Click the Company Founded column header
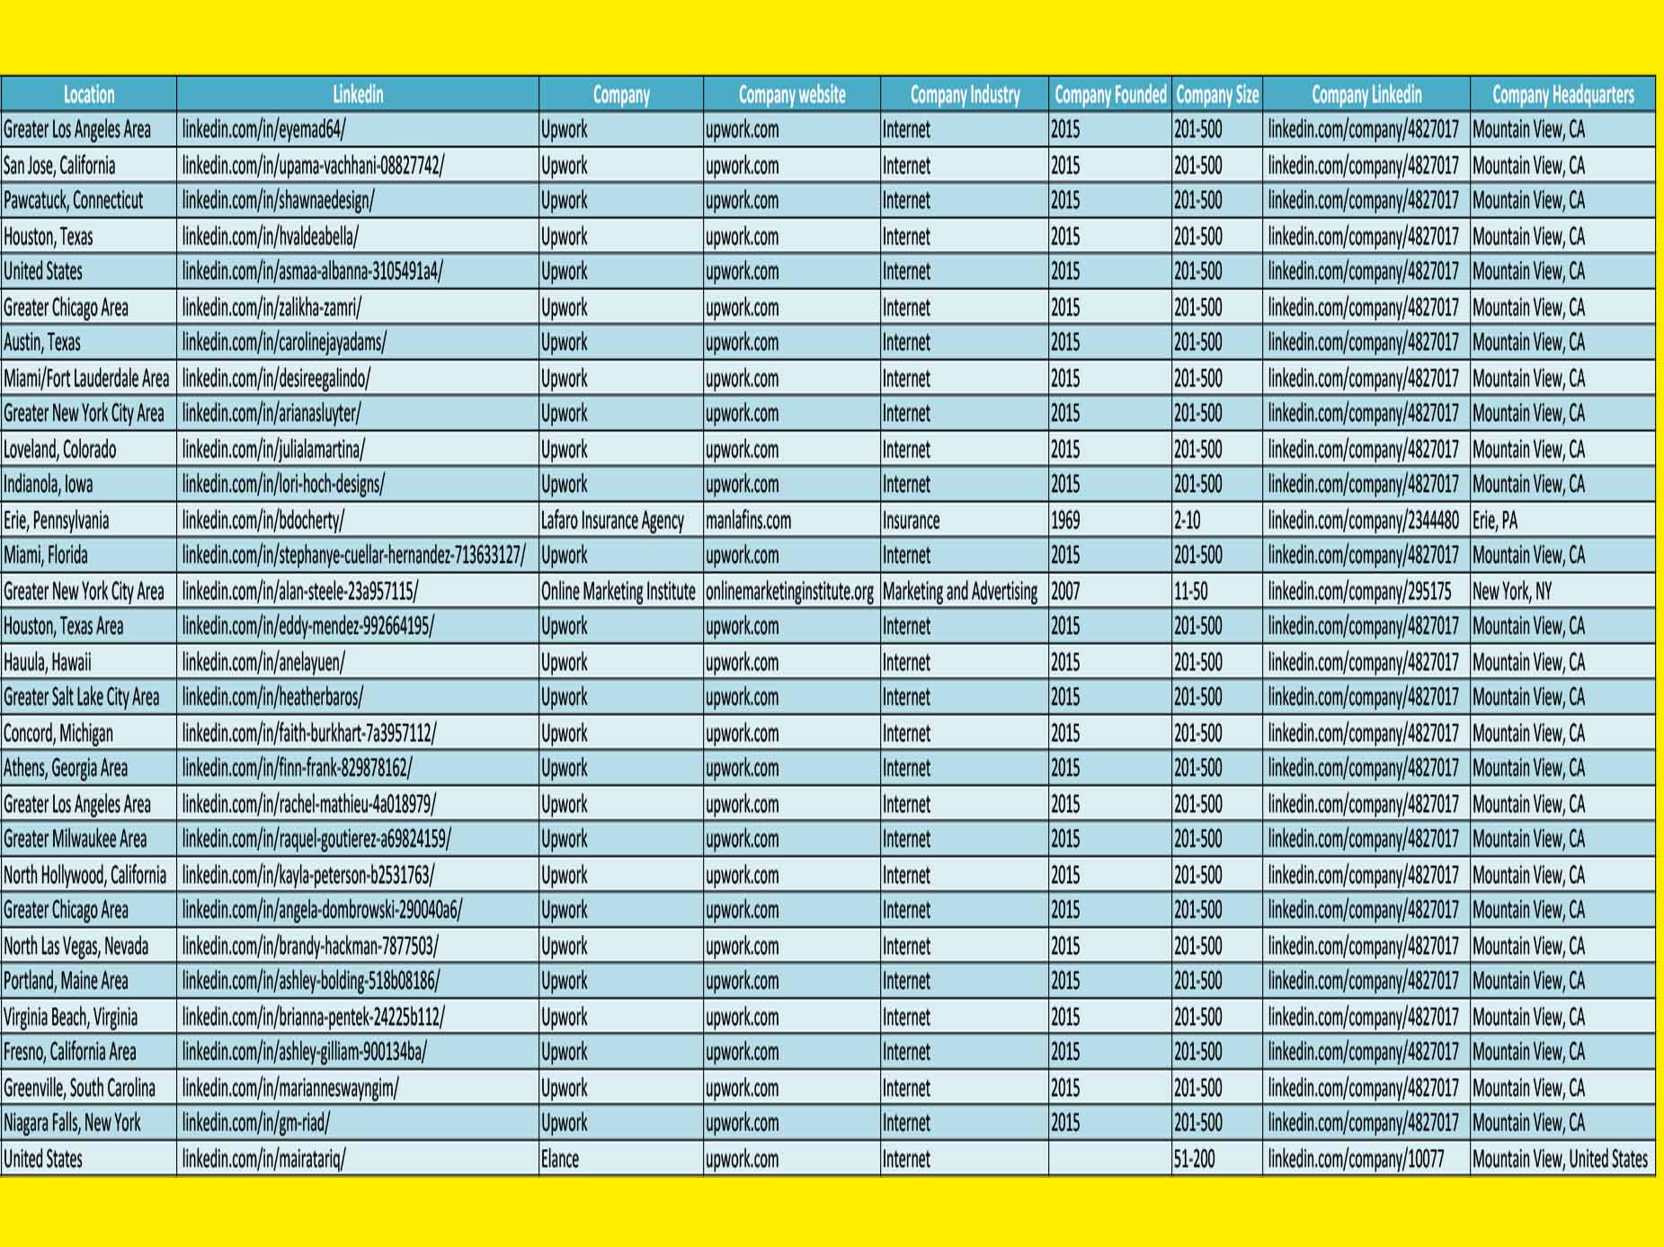coord(1109,94)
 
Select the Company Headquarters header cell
coord(1562,94)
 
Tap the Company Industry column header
coord(965,94)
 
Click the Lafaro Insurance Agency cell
coord(612,521)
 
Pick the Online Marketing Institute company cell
coord(618,592)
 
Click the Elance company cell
coord(560,1159)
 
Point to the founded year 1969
coord(1065,521)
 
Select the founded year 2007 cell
coord(1065,592)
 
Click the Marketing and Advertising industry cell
coord(960,592)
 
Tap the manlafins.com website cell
coord(748,521)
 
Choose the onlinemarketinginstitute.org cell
coord(789,592)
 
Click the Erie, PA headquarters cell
coord(1494,521)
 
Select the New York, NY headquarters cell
coord(1512,592)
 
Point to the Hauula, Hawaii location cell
coord(48,663)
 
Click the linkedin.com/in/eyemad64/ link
coord(263,129)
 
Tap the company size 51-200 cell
coord(1194,1159)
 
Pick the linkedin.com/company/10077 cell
coord(1356,1159)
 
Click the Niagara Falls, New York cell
coord(72,1123)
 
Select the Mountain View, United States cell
coord(1560,1159)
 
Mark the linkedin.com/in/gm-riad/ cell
coord(256,1123)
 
